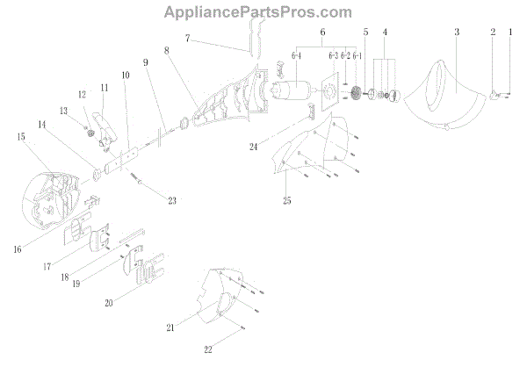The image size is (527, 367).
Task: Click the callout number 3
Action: (x=457, y=32)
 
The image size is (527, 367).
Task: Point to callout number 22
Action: (x=208, y=350)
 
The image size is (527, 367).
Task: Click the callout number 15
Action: (x=19, y=137)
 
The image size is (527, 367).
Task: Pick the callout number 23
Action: (x=172, y=200)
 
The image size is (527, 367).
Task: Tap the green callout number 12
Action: (x=83, y=94)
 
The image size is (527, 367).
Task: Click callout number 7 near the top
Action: (x=188, y=39)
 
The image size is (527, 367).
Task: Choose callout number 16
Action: (x=19, y=249)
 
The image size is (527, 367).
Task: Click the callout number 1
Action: (x=511, y=32)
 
